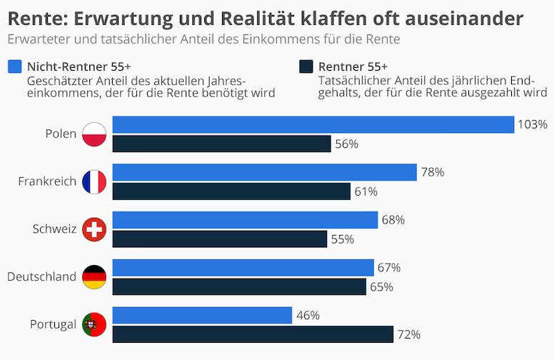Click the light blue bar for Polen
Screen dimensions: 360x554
coord(313,124)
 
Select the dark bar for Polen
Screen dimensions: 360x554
coord(221,144)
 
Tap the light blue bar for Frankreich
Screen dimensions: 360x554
coord(264,172)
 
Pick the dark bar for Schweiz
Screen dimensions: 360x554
coord(219,239)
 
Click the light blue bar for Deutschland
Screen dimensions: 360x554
coord(243,268)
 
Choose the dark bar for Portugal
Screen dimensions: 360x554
coord(253,334)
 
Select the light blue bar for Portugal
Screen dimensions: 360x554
coord(202,315)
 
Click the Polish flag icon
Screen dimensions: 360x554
coord(94,134)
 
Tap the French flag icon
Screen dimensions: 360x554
coord(94,181)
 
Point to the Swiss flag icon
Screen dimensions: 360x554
coord(94,229)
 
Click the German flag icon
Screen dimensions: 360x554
coord(94,277)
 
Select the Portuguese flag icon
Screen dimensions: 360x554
coord(94,324)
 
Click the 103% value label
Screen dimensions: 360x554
coord(532,124)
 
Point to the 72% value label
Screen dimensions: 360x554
coord(409,334)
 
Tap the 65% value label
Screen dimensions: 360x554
coord(382,287)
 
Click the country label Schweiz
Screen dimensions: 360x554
coord(54,229)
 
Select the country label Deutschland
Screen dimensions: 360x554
coord(41,277)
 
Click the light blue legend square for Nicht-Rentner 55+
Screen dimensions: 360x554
coord(14,66)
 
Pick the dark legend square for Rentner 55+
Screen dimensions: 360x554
coord(306,66)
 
